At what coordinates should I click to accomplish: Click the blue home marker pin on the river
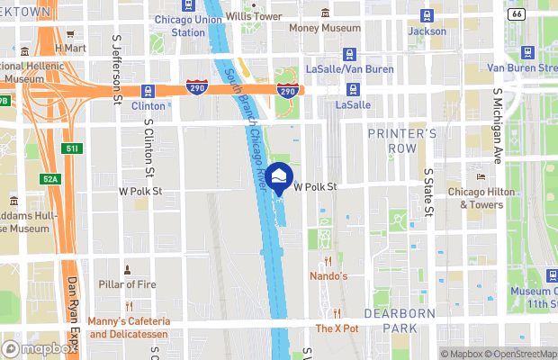[x=279, y=177]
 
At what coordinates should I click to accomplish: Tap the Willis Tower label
[x=253, y=16]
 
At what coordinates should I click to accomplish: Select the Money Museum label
[x=324, y=27]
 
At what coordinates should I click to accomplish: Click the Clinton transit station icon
[x=148, y=90]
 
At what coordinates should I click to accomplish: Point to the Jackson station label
[x=427, y=31]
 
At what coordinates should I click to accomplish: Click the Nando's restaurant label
[x=328, y=275]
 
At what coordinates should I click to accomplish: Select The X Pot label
[x=337, y=328]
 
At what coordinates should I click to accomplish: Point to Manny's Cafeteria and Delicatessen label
[x=130, y=328]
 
